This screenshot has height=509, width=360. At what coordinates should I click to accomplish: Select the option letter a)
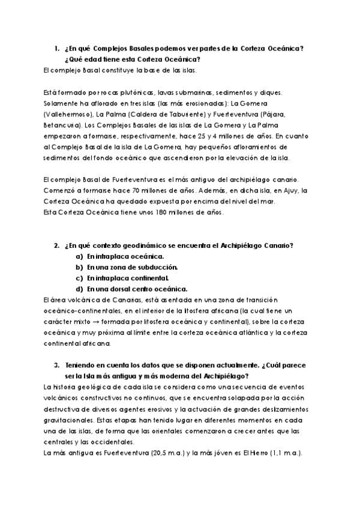pos(79,256)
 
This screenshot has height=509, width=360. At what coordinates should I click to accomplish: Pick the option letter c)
pos(79,277)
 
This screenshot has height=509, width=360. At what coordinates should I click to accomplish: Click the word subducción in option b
pos(144,267)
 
